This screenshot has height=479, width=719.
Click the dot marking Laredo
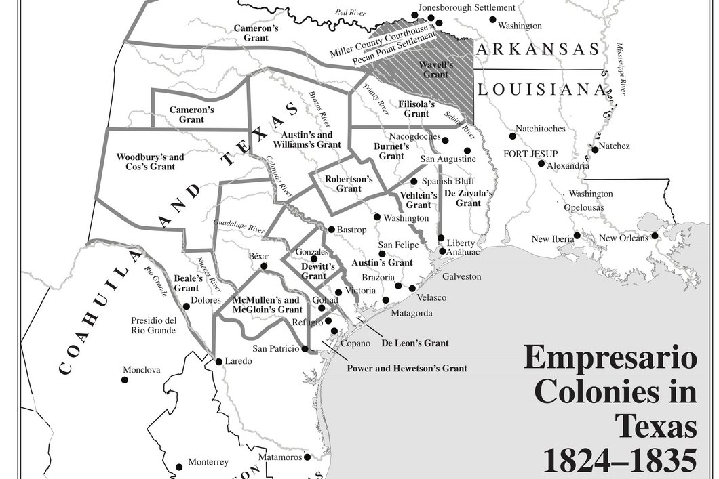point(218,361)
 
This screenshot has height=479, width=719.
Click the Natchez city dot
point(595,150)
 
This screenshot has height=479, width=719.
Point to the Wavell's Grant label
point(435,69)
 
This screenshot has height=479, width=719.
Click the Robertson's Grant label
point(349,184)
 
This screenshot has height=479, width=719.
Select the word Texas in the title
point(655,427)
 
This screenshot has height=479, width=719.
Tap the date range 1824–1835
point(619,461)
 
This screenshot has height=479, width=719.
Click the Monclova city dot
point(125,379)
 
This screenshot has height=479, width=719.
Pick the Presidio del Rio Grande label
point(154,325)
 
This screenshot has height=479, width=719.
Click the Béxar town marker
point(264,266)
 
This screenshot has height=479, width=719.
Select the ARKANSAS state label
point(538,49)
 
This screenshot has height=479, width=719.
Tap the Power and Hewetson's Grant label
point(407,369)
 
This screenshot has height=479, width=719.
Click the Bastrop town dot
point(331,230)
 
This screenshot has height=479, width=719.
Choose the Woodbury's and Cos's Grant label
point(150,161)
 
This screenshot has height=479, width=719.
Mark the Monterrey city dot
point(179,467)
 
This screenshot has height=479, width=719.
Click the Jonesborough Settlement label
point(467,7)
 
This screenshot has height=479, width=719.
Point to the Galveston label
point(461,276)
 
